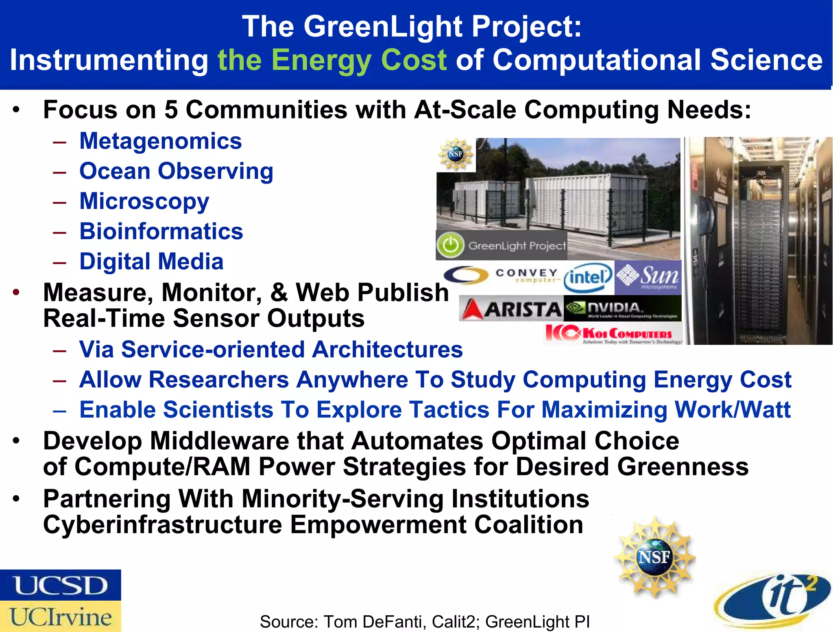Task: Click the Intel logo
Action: [x=588, y=278]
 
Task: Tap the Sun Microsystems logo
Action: [x=648, y=277]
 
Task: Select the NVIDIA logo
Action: [x=622, y=308]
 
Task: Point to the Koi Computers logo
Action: [x=613, y=334]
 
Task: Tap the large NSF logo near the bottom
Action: [x=654, y=557]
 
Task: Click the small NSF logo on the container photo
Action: [x=456, y=154]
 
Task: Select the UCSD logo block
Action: [x=60, y=585]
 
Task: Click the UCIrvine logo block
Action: [x=60, y=617]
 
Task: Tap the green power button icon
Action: [x=450, y=245]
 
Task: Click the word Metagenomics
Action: [x=161, y=141]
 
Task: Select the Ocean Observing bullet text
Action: [x=176, y=171]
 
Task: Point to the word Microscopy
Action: [x=144, y=201]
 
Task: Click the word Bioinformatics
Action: [x=161, y=231]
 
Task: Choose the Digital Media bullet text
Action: [x=151, y=261]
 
